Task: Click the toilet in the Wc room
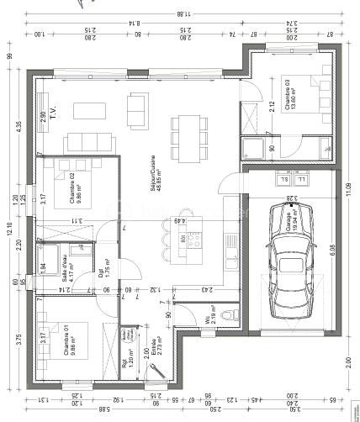(237, 317)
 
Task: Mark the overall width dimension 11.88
(181, 13)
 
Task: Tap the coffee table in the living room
(87, 110)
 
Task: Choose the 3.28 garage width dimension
(290, 198)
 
